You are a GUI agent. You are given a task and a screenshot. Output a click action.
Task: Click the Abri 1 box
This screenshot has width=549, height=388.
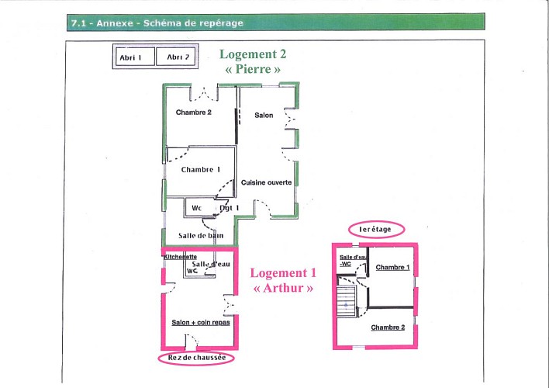click(135, 57)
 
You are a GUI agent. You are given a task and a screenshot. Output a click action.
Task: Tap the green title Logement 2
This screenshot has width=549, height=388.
click(253, 54)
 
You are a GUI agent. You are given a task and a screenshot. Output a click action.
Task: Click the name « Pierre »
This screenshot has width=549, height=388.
click(253, 69)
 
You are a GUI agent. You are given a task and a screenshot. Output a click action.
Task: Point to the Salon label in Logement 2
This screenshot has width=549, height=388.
click(264, 116)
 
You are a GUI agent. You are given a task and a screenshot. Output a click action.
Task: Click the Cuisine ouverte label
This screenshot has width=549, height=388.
click(267, 182)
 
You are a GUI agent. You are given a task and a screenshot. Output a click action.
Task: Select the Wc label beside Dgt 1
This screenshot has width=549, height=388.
click(196, 208)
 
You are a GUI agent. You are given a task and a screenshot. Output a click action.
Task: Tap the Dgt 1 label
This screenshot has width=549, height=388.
click(230, 208)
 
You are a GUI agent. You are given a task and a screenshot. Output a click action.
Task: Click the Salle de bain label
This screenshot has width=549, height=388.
click(201, 236)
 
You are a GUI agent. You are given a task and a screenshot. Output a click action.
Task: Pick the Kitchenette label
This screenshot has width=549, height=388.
click(181, 257)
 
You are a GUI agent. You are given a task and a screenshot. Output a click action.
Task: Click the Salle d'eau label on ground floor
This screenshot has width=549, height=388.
click(211, 264)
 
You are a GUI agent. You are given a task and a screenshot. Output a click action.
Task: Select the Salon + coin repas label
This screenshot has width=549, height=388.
click(201, 323)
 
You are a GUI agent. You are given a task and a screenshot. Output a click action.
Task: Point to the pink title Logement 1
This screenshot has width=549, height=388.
click(283, 272)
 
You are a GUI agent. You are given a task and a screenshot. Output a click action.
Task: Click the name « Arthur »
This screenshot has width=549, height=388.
click(283, 288)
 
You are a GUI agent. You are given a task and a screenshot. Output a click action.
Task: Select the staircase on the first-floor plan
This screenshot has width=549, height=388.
click(347, 301)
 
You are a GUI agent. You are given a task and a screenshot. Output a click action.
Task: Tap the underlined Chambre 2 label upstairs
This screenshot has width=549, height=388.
click(388, 327)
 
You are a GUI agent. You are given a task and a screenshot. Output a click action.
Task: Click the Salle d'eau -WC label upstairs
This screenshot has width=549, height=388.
click(353, 261)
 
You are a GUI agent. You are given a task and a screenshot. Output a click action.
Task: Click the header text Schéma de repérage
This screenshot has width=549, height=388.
click(193, 23)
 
